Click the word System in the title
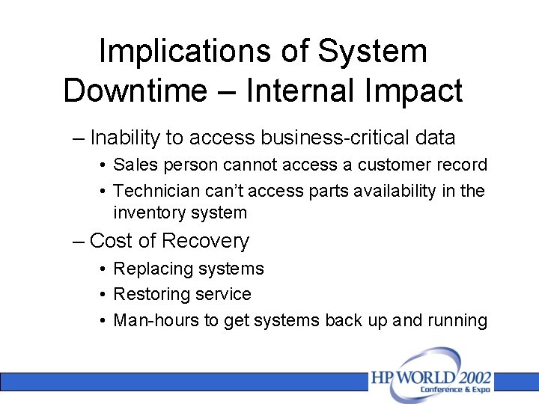373,52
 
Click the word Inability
125,138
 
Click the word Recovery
205,241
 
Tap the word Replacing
153,269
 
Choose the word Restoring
153,294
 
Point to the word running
457,320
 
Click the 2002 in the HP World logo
470,376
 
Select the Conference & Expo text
454,390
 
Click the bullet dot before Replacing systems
102,269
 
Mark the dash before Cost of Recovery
79,241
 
